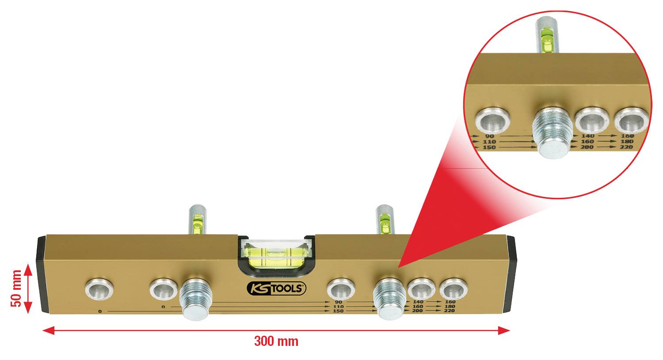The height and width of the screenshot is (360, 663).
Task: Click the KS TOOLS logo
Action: [276, 288]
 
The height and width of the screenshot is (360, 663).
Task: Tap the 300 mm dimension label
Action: [276, 341]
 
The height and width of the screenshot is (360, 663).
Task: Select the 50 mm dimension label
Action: [16, 288]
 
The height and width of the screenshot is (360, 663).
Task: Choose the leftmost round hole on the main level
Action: [99, 289]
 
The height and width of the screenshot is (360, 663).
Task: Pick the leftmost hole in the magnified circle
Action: [492, 120]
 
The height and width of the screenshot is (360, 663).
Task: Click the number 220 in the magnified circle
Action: [626, 147]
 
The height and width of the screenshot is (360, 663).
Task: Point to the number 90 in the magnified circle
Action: [489, 136]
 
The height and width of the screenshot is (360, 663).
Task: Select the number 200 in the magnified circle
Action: [587, 147]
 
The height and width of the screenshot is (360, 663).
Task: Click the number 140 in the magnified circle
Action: [587, 136]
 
